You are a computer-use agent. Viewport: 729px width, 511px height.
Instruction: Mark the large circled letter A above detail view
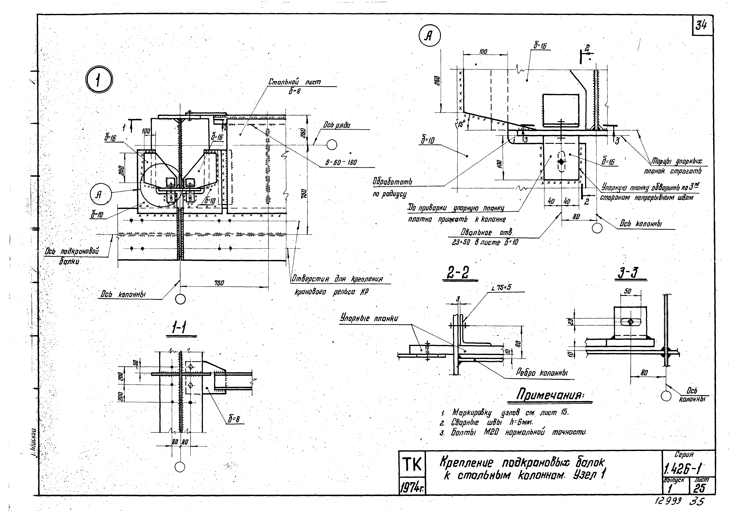point(430,36)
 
